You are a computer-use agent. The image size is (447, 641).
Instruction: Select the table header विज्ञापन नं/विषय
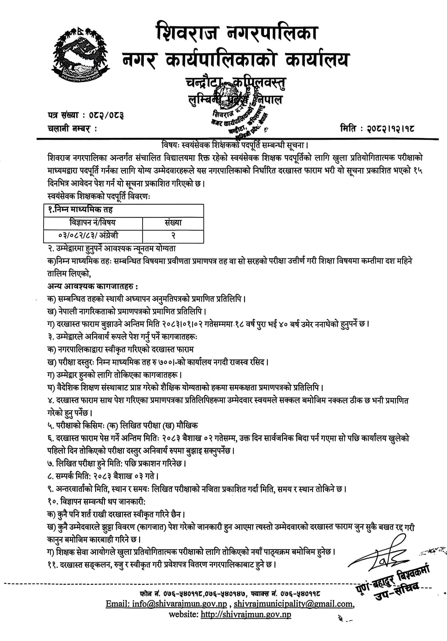[93, 223]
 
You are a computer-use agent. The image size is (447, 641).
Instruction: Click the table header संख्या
[173, 223]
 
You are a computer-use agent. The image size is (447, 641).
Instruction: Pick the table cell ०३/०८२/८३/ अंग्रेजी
[93, 235]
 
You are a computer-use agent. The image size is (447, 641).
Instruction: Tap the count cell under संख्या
[173, 235]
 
